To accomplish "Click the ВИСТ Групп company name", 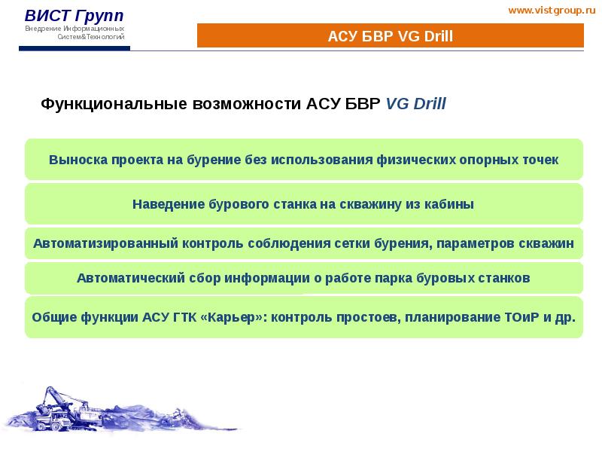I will pyautogui.click(x=74, y=16).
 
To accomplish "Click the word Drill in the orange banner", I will pyautogui.click(x=437, y=36).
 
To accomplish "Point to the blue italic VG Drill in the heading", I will pyautogui.click(x=415, y=104).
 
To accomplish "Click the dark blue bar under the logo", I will pyautogui.click(x=74, y=49).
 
